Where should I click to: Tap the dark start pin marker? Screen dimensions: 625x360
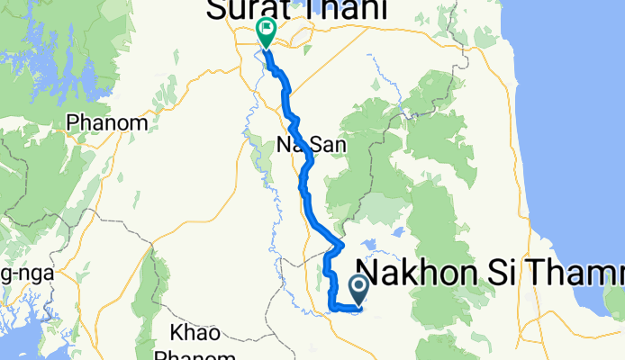358,289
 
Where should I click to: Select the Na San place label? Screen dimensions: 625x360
299,145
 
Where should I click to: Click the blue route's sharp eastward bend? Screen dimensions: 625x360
342,243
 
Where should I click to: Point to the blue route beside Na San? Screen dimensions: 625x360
309,159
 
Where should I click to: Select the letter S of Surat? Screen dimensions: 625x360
220,10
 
